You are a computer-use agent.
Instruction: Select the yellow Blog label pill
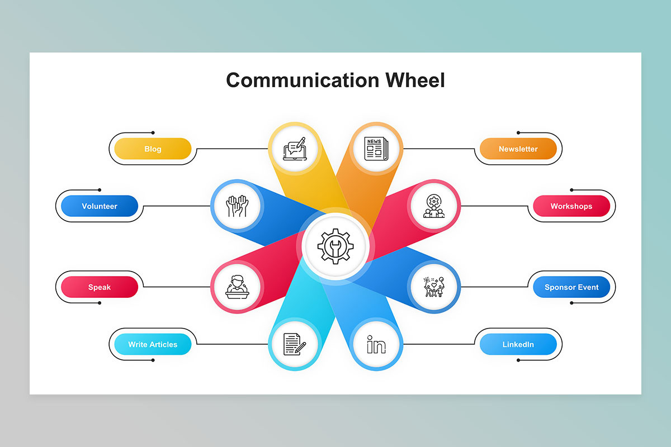[x=153, y=149]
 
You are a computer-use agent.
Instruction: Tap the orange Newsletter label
[x=518, y=149]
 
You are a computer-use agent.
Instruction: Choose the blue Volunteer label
[x=100, y=206]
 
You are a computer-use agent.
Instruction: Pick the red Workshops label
[x=571, y=206]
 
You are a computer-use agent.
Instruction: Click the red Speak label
[x=100, y=287]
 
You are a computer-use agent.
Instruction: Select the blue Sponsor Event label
[x=571, y=287]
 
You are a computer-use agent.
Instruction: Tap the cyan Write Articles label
[x=153, y=344]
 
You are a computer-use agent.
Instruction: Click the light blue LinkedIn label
[x=518, y=344]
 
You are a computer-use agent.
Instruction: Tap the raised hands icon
[x=237, y=206]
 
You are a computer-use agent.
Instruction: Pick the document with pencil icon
[x=294, y=344]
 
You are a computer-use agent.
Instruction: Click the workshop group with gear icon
[x=434, y=206]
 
